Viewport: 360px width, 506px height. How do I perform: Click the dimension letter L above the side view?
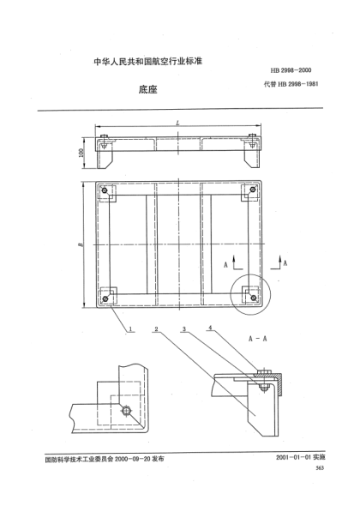click(x=177, y=124)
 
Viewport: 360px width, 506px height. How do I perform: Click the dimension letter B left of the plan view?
click(x=80, y=245)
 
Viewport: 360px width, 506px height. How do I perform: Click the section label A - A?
click(x=260, y=339)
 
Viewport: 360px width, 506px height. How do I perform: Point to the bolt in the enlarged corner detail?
click(x=128, y=412)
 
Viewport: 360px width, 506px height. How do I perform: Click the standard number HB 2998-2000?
click(x=291, y=68)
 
